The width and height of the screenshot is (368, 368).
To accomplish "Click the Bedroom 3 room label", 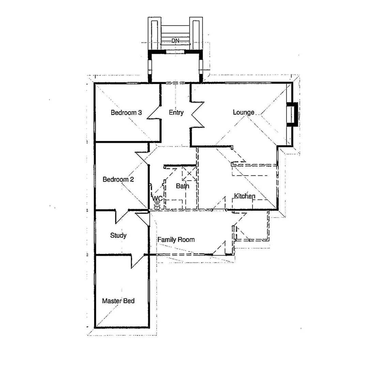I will pos(126,113).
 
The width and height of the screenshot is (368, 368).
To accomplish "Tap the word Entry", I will pos(176,112).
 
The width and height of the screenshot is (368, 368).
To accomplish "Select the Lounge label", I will pos(243,112).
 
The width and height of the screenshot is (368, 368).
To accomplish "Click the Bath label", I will pos(182,186).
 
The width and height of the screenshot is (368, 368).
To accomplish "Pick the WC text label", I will pos(157,198).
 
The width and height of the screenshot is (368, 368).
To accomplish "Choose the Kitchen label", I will pos(244,196).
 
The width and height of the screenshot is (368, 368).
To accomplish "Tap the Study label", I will pos(118,235).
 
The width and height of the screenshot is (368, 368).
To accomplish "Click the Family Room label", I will pos(176,240).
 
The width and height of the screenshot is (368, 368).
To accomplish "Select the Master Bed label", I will pos(118,301).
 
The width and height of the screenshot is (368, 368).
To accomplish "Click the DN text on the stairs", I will pos(175,41).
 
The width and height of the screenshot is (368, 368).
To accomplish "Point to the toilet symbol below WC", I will pos(157,205).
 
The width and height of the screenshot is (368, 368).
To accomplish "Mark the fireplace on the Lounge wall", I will pos(292,114).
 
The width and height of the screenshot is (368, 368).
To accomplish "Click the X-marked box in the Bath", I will pos(189,173).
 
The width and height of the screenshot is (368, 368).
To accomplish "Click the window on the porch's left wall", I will pos(150,66).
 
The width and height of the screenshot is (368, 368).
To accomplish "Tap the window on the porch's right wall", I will pos(201,66).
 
